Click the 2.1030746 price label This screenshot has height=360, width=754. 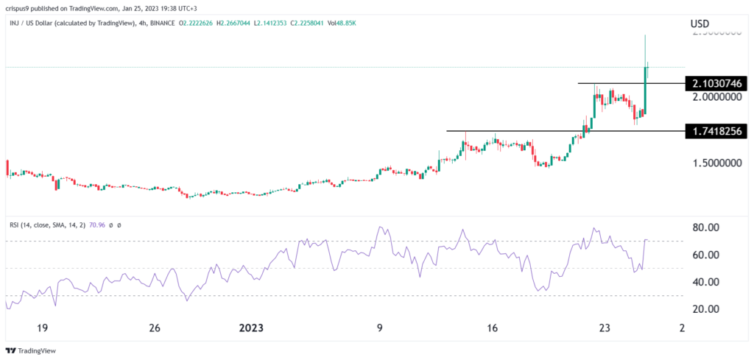pos(717,83)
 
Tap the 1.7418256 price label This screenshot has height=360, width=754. pos(717,131)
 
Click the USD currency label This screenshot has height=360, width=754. pos(700,24)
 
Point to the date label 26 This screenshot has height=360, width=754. pos(154,328)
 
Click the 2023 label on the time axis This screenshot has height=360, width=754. pos(257,328)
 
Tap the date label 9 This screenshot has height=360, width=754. pos(380,328)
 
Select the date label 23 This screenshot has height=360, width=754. pos(605,328)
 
